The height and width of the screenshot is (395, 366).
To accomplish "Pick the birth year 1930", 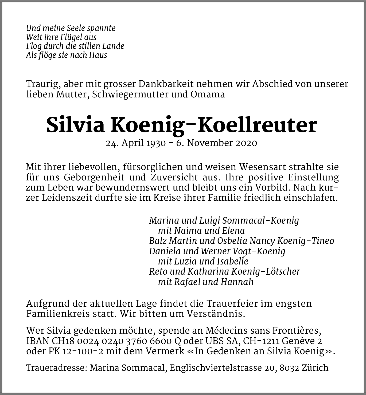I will tap(156, 143).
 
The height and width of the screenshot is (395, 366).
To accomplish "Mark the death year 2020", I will tap(246, 143).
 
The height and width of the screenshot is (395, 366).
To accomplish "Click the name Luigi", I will tap(210, 221).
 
